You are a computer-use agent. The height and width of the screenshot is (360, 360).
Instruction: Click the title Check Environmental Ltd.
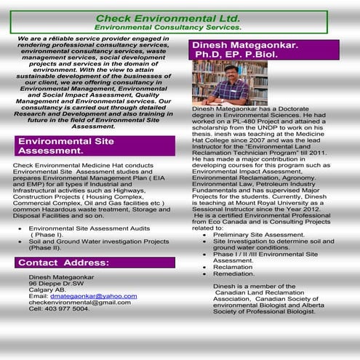pyautogui.click(x=178, y=17)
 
